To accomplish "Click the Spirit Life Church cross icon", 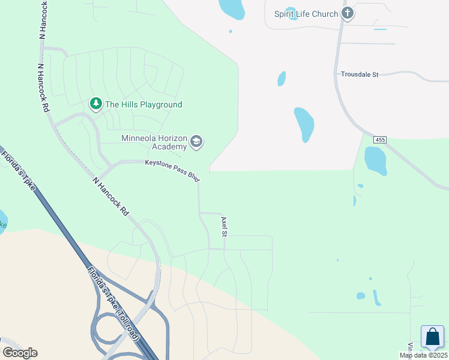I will pos(348,13).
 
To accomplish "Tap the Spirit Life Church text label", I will pos(306,14).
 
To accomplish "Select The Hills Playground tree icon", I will pos(95,104).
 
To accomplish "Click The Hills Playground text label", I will pos(143,104).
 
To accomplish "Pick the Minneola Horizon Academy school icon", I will pos(196,142).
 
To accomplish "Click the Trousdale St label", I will pos(360,74).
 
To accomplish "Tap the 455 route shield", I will pos(379,140).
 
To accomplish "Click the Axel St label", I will pos(224,226).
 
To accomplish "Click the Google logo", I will pos(20,352).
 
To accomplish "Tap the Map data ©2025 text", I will pos(423,355).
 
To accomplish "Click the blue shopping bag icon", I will pos(432,337).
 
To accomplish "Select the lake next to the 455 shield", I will pos(375,160).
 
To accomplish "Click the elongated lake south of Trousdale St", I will pos(304,124).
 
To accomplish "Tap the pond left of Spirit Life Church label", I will pos(292,14).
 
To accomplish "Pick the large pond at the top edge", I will pos(231,8).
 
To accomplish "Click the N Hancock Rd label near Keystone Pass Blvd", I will pos(111,196).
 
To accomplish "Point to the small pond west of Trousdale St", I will pos(281,79).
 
